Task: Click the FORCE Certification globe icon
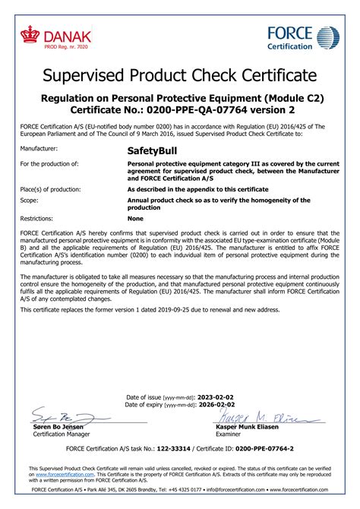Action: (328, 37)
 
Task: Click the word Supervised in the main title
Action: (82, 75)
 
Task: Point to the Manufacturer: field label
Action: (39, 150)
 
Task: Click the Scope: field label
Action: (30, 201)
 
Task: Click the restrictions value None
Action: (135, 218)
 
